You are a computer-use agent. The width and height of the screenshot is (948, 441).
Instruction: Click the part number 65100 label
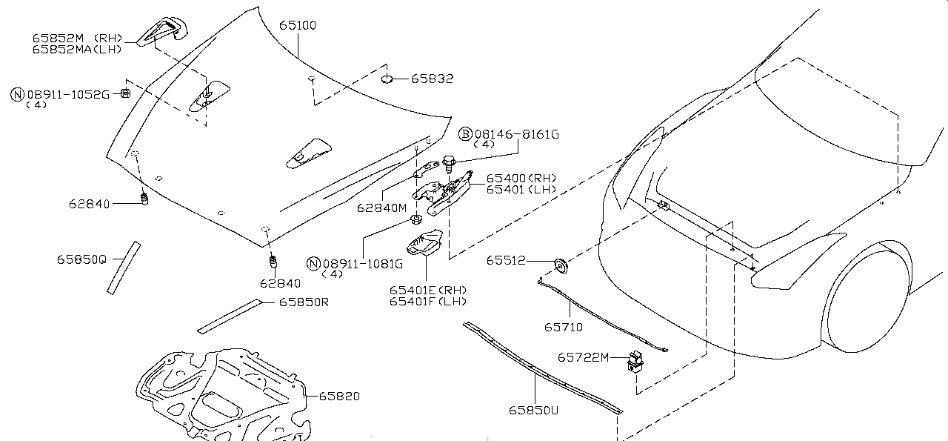click(298, 25)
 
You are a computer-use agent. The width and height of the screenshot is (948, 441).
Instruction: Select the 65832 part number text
click(432, 79)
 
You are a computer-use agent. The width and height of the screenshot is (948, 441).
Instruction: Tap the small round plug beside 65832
click(387, 79)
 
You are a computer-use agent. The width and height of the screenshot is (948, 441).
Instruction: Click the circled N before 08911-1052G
click(17, 94)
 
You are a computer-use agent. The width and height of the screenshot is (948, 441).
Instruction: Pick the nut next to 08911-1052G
click(125, 93)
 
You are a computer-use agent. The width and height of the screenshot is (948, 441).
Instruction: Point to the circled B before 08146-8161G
click(465, 134)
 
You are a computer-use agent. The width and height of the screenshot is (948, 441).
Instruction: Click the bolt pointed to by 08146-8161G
click(449, 165)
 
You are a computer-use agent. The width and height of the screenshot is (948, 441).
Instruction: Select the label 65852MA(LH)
click(77, 50)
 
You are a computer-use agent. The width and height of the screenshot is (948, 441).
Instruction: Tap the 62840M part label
click(381, 208)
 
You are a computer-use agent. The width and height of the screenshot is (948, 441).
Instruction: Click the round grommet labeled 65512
click(561, 265)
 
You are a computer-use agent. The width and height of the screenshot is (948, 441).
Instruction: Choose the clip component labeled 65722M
click(635, 362)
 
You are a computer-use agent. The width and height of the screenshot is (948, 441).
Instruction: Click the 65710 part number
click(564, 327)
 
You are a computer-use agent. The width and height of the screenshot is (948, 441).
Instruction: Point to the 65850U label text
click(533, 410)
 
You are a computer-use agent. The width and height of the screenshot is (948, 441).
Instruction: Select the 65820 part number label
click(339, 396)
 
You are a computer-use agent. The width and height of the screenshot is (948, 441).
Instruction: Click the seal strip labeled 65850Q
click(124, 268)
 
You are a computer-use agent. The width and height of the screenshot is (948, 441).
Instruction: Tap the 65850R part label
click(304, 302)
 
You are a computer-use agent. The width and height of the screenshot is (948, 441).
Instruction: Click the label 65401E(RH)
click(428, 291)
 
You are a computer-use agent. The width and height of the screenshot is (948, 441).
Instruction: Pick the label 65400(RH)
click(521, 179)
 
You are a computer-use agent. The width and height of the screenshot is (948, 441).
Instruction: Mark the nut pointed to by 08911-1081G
click(416, 219)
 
